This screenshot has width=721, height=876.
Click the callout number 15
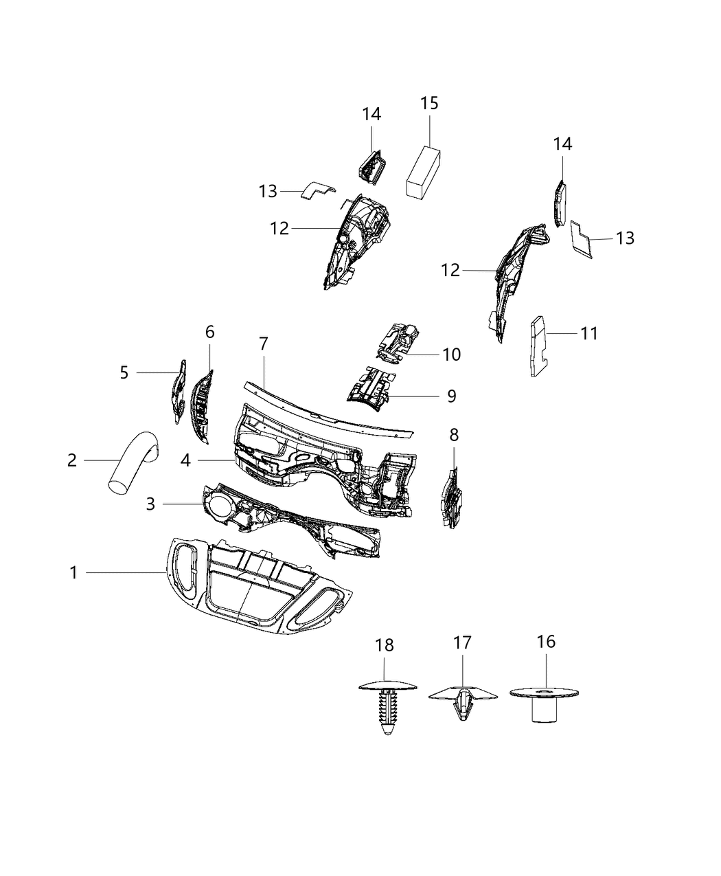[x=429, y=103]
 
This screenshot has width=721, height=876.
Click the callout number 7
[x=264, y=344]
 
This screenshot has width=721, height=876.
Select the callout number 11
[x=589, y=333]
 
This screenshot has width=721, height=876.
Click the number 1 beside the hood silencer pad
[x=73, y=572]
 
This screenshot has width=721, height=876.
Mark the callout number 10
[x=451, y=355]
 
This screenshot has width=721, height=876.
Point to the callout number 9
[x=451, y=396]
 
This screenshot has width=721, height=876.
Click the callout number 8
[x=454, y=435]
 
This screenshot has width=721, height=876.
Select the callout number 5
[x=124, y=372]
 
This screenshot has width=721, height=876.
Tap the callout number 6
[x=209, y=332]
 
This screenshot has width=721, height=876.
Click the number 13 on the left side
[x=268, y=191]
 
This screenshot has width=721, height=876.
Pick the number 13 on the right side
[x=625, y=238]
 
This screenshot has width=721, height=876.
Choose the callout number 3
[x=150, y=504]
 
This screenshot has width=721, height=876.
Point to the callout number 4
[x=185, y=460]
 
